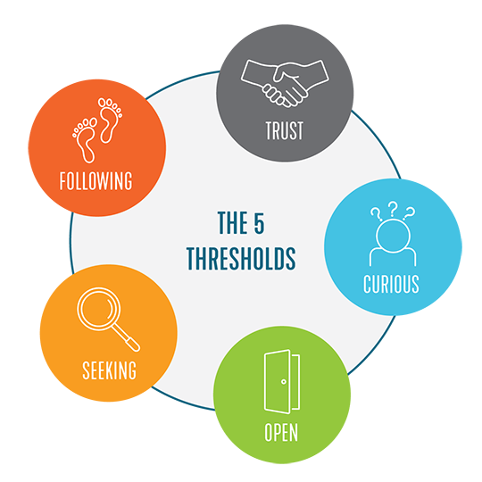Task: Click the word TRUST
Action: (285, 130)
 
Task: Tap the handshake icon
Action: (285, 83)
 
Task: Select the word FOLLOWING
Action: (96, 180)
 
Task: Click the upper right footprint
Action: (110, 120)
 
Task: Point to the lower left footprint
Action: (85, 140)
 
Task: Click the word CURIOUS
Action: (391, 284)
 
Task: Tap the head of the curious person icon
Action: (393, 236)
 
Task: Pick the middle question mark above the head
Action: (392, 209)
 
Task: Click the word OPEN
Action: (281, 432)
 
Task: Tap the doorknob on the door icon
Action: (284, 381)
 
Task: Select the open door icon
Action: (282, 381)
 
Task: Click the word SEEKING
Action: (109, 370)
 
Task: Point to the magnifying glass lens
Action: (99, 309)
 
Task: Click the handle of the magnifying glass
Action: (126, 338)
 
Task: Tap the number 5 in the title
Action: (259, 223)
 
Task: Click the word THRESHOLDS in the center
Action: (241, 259)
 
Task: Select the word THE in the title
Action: (230, 223)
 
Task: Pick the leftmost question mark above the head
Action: (376, 214)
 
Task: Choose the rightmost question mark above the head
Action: (409, 213)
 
